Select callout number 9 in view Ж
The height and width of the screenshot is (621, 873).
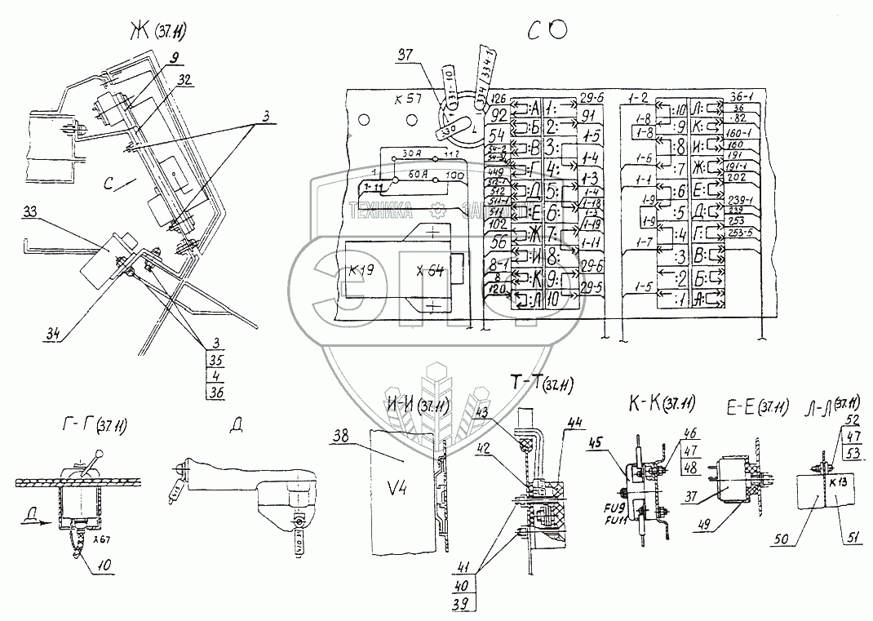tap(176, 57)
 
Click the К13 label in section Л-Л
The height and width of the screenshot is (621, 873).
tap(836, 482)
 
